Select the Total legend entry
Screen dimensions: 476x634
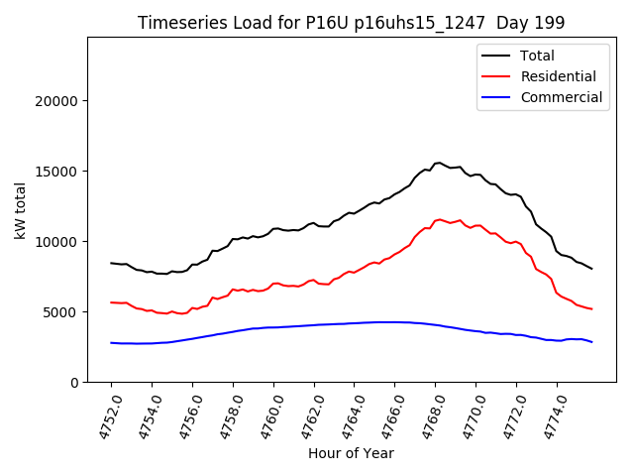pyautogui.click(x=538, y=56)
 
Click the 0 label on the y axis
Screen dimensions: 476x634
pyautogui.click(x=73, y=383)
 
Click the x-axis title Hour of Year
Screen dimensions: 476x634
pyautogui.click(x=351, y=453)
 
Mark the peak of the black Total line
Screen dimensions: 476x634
pyautogui.click(x=438, y=163)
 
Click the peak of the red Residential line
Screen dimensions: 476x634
pyautogui.click(x=438, y=219)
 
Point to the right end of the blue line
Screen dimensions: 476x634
pyautogui.click(x=592, y=342)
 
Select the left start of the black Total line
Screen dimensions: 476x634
pyautogui.click(x=111, y=263)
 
